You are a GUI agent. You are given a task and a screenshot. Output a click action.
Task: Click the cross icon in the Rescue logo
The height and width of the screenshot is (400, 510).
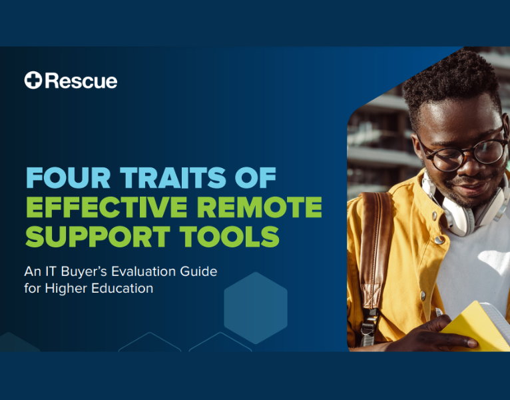33,81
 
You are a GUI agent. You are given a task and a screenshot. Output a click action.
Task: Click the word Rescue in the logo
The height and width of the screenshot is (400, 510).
81,81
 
